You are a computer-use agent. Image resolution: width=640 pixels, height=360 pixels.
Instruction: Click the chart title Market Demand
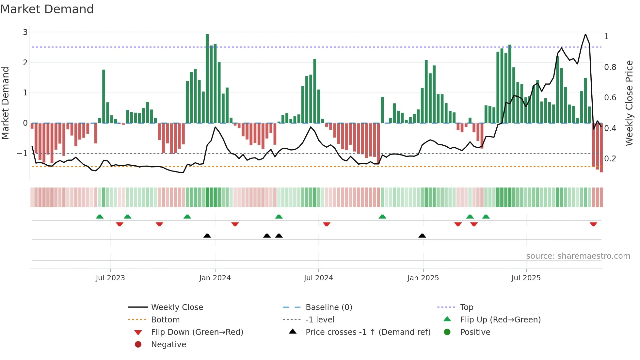47,9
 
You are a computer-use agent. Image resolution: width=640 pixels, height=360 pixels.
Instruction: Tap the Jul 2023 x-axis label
110,278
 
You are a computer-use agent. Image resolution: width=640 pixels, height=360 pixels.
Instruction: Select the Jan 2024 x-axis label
215,278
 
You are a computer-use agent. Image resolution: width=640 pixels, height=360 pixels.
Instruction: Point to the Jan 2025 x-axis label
423,278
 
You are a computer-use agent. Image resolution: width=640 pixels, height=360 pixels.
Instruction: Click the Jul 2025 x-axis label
526,278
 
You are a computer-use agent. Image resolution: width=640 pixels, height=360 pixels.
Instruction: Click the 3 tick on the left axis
25,32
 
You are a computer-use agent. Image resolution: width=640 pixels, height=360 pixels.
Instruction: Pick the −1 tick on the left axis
23,153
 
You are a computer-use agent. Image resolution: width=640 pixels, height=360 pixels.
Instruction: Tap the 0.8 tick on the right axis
610,67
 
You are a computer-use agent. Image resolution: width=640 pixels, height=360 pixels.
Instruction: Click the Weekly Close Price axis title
629,103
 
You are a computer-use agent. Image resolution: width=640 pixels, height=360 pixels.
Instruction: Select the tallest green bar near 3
207,78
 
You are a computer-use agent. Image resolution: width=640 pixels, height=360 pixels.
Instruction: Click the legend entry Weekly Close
177,307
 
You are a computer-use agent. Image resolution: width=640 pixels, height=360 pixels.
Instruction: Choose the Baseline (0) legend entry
328,307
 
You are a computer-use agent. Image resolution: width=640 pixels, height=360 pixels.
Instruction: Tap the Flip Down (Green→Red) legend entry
197,332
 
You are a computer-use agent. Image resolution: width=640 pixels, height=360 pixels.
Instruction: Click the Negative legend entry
168,345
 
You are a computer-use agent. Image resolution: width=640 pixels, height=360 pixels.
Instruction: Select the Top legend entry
467,307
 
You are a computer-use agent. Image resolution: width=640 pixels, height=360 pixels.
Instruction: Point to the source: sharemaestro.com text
578,256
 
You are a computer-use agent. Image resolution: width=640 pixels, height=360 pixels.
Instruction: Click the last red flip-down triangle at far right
593,224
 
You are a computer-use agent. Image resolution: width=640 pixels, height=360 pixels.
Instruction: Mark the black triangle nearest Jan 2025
422,236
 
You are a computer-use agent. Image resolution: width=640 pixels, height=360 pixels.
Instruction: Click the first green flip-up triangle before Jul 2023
100,217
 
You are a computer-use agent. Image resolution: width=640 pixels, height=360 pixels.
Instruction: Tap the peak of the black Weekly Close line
585,34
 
